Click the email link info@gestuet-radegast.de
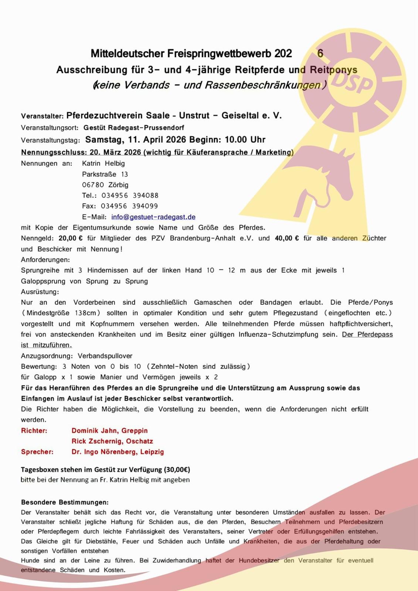[x=153, y=217]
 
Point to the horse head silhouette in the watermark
[x=325, y=174]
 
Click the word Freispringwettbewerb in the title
[x=220, y=54]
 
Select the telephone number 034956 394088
[x=130, y=195]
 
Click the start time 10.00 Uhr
[x=245, y=140]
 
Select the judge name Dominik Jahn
[x=93, y=430]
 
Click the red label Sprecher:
[x=37, y=452]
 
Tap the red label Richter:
[x=34, y=430]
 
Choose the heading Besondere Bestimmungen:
[x=65, y=502]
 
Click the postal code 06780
[x=93, y=185]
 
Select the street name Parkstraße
[x=99, y=174]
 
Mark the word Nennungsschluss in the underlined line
[x=54, y=152]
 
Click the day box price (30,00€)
[x=177, y=470]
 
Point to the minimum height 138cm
[x=85, y=313]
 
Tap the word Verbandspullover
[x=105, y=356]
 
